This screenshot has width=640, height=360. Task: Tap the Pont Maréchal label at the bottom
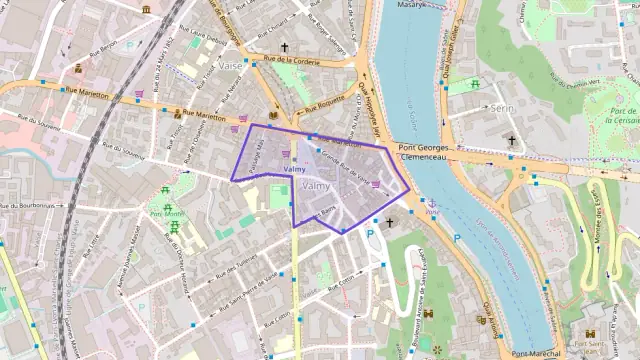click(x=535, y=353)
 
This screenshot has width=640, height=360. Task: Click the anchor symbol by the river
click(x=432, y=203)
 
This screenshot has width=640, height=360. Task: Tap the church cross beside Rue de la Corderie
click(x=284, y=47)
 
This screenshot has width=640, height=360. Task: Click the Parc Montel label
click(x=167, y=213)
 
